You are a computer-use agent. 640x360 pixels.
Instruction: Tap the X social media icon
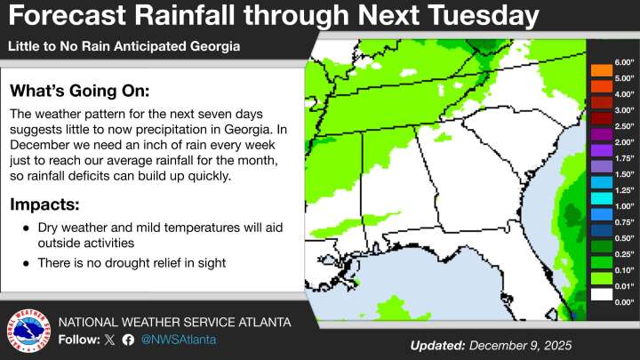pyautogui.click(x=110, y=340)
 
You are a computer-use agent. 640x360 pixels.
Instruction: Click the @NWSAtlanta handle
pyautogui.click(x=178, y=340)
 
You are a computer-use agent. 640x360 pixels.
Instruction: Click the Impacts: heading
pyautogui.click(x=44, y=204)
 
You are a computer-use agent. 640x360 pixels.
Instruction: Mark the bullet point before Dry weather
pyautogui.click(x=26, y=228)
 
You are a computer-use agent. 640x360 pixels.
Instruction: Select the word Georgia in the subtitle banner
pyautogui.click(x=213, y=44)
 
